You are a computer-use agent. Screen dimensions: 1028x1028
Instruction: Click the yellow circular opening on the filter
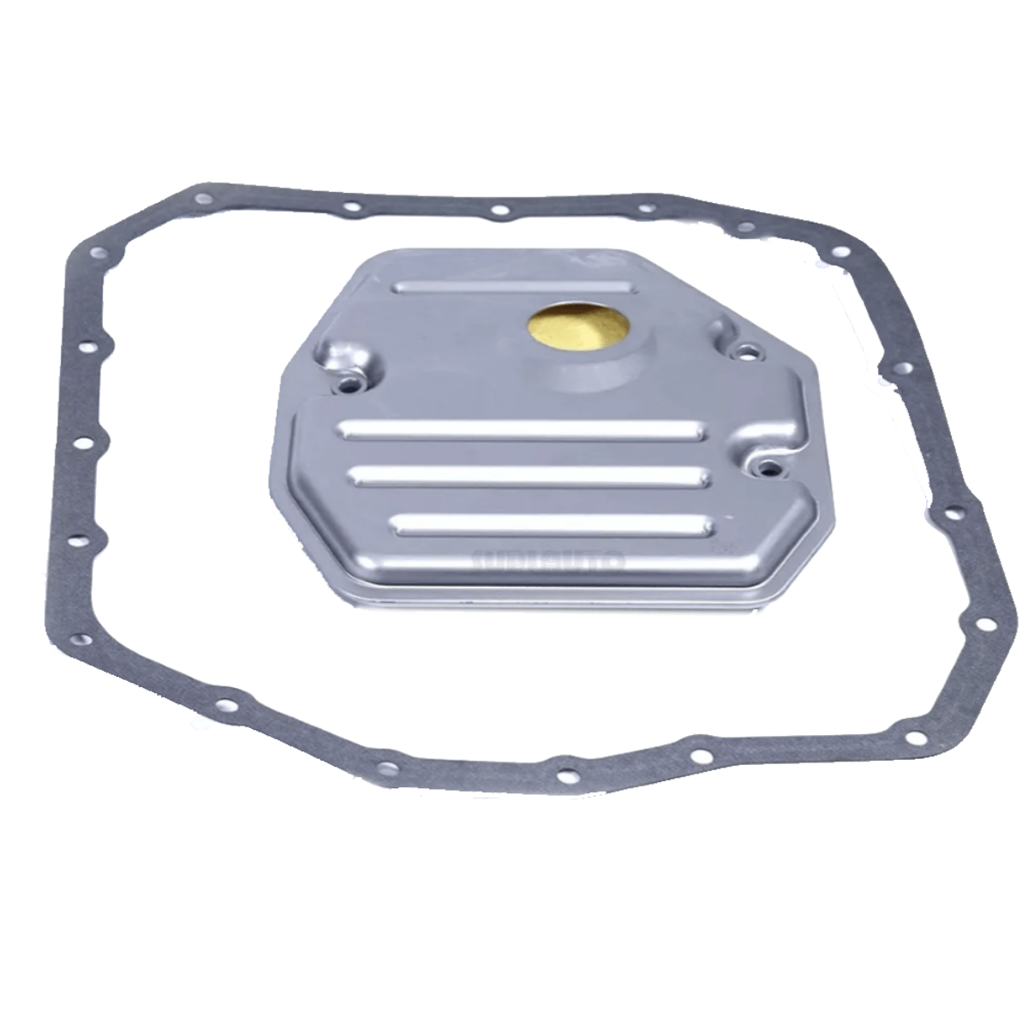(580, 328)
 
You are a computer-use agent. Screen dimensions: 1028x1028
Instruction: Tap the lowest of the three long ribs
(553, 523)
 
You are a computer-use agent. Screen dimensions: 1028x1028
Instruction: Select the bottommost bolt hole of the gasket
(565, 775)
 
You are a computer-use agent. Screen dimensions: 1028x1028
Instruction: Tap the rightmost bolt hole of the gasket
(953, 514)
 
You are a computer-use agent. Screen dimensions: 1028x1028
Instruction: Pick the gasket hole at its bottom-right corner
(916, 738)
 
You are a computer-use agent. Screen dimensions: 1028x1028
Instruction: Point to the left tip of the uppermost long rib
(343, 426)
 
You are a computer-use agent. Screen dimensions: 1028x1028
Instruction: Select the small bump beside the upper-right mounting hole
(718, 330)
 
